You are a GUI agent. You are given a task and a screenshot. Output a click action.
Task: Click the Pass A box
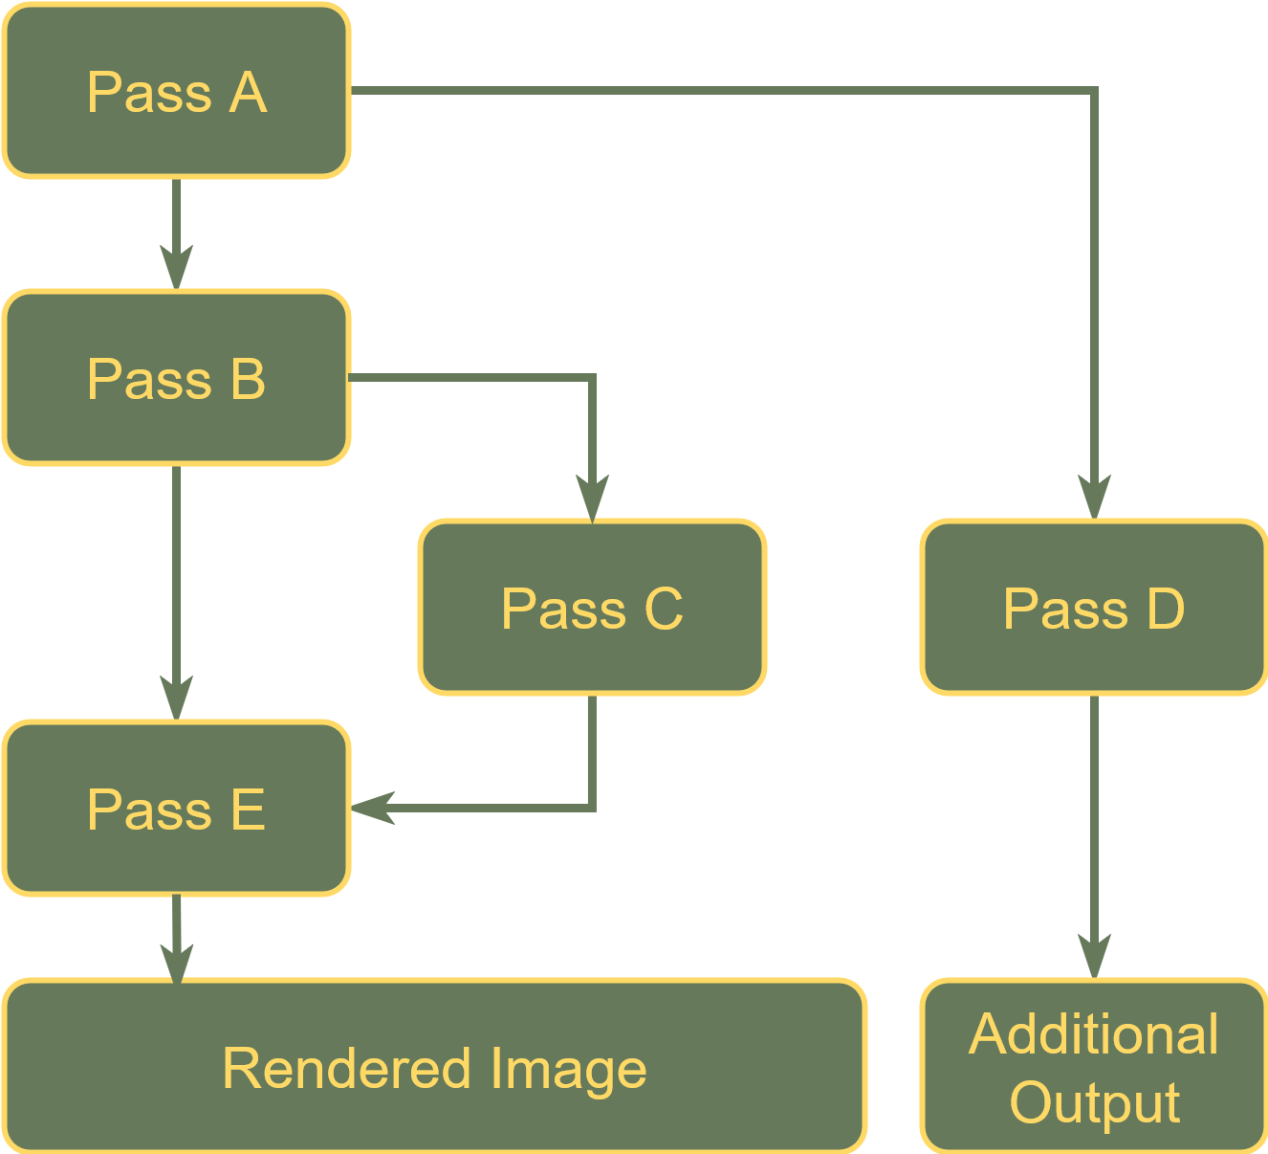(x=176, y=91)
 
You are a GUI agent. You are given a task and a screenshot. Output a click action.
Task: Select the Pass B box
(x=176, y=378)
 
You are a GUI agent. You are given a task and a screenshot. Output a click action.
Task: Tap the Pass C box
(x=592, y=608)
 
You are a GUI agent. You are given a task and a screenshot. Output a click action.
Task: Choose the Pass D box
(x=1093, y=608)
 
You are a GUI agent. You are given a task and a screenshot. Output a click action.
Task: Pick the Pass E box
(x=176, y=809)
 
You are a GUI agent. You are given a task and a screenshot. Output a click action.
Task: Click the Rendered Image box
(x=434, y=1067)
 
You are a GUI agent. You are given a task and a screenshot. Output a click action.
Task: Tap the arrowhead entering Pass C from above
(x=592, y=499)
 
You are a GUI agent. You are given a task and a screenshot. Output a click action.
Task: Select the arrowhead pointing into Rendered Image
(x=176, y=962)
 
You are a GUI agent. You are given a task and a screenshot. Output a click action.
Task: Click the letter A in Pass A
(x=247, y=93)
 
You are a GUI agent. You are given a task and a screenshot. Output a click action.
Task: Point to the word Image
(x=568, y=1070)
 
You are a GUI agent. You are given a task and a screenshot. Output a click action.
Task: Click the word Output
(x=1094, y=1103)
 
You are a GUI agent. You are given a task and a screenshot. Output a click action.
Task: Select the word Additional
(x=1093, y=1034)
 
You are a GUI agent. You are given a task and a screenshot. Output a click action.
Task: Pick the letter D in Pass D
(x=1165, y=609)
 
